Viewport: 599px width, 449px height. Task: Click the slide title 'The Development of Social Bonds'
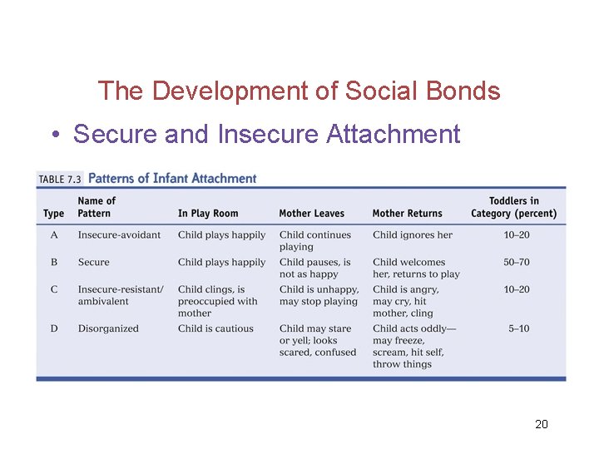[299, 90]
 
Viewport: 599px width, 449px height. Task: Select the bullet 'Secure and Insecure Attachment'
[266, 134]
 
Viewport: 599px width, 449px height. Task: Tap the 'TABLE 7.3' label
[60, 179]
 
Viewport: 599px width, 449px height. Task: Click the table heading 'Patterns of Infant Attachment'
[172, 178]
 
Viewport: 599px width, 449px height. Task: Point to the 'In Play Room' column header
[208, 214]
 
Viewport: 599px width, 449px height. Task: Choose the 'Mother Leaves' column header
[311, 214]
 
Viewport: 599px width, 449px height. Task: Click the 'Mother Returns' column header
[407, 214]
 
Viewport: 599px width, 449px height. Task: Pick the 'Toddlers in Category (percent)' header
[514, 207]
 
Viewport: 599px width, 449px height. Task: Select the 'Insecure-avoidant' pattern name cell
[119, 235]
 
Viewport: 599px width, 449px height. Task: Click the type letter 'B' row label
[54, 262]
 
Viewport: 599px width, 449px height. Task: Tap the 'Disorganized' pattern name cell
[108, 328]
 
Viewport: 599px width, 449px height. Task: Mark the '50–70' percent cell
[516, 262]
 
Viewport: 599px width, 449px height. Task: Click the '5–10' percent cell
[518, 328]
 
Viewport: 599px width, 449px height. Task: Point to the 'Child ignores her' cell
[413, 235]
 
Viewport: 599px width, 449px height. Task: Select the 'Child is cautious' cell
[215, 328]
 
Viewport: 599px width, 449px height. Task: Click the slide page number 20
[541, 425]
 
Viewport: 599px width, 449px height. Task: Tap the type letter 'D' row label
[54, 328]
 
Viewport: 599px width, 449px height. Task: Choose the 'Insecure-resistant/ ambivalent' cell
[121, 295]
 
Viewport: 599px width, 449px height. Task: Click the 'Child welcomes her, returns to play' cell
[416, 268]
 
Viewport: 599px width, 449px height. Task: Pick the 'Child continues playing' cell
[315, 240]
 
